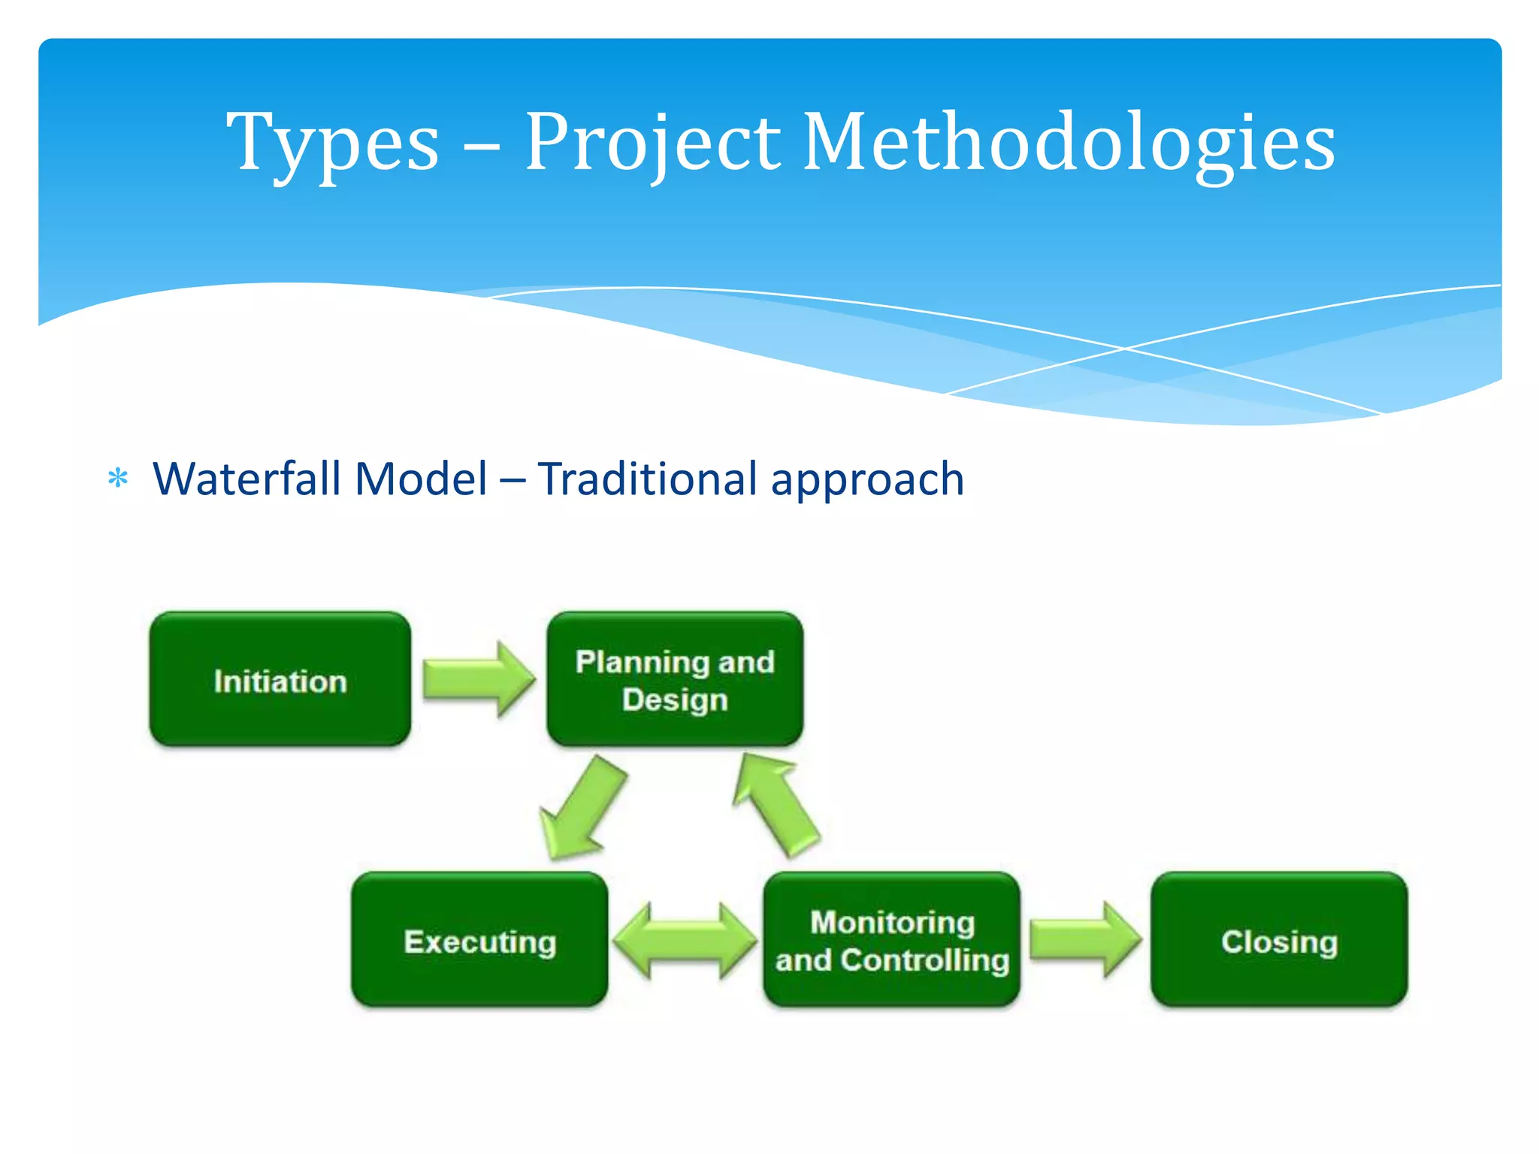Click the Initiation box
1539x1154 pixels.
(280, 680)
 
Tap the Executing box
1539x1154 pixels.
(479, 941)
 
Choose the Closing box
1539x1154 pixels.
(1279, 941)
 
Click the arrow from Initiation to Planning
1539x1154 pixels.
(478, 679)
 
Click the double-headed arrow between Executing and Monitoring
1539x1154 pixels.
(685, 941)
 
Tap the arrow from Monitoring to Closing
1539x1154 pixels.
(1084, 940)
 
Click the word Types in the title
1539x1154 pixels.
(332, 143)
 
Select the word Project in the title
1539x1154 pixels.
(652, 143)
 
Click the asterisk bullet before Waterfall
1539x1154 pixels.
(118, 478)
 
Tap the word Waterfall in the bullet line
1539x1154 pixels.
(245, 479)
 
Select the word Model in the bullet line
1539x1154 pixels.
(421, 479)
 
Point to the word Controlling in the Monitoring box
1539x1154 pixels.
(924, 960)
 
